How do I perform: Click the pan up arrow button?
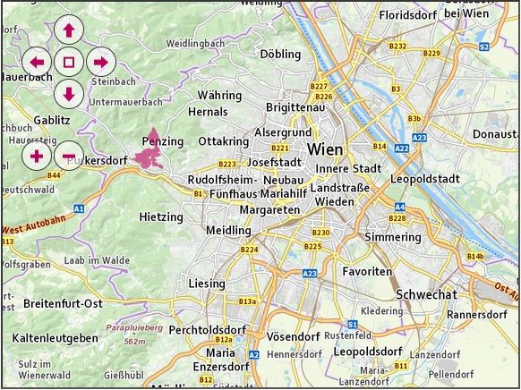pos(69,30)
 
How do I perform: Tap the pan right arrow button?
pos(101,63)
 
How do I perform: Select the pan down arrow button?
pos(69,93)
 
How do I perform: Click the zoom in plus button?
pos(37,157)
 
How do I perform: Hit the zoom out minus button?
pos(69,157)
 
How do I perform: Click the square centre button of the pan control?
pos(69,63)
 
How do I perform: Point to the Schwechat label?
pos(426,294)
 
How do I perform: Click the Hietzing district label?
pos(161,216)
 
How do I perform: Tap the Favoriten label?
pos(367,270)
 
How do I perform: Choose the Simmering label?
pos(393,237)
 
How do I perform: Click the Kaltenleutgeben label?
pos(56,338)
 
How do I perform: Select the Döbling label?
pos(280,54)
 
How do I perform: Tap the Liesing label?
pos(207,284)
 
